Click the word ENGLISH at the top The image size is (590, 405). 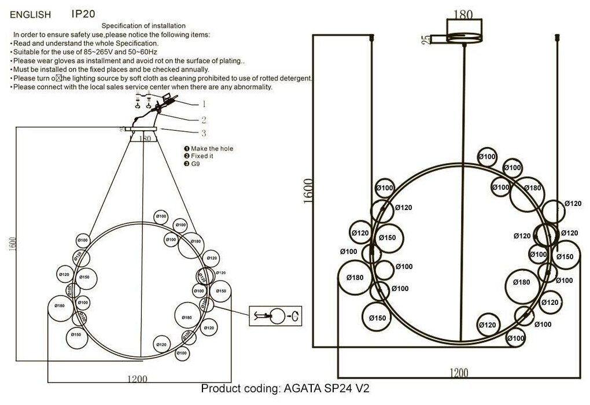(30, 14)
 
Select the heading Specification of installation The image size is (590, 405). (143, 26)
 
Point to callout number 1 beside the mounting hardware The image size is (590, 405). (204, 105)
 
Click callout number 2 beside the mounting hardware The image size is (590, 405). (204, 120)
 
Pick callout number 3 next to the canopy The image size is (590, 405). (204, 134)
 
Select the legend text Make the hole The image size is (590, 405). (212, 149)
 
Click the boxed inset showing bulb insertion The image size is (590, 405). (276, 316)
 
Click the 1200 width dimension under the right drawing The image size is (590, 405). (458, 373)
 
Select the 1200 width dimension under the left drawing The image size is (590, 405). (137, 380)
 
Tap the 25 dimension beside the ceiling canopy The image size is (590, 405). (426, 39)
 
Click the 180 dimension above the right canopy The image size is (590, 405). (463, 14)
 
